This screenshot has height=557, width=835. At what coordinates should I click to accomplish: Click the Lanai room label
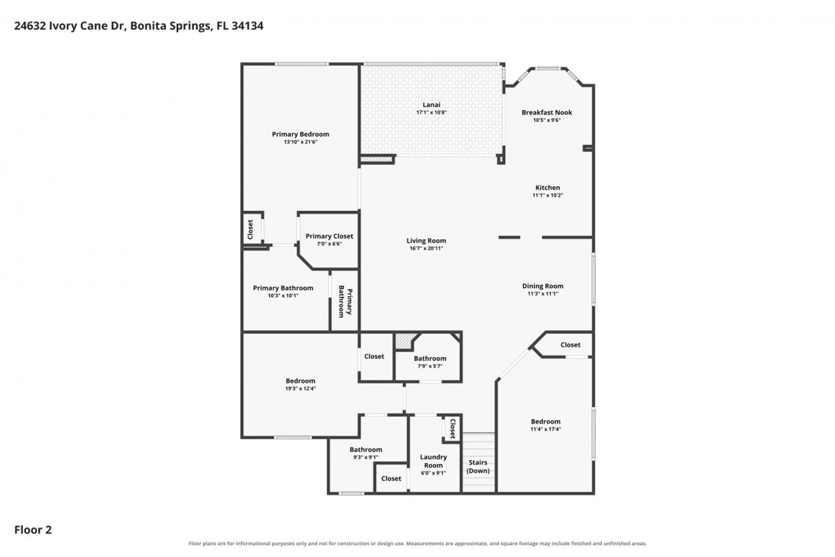click(x=431, y=105)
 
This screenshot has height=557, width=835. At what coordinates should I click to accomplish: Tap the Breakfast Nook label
click(x=547, y=112)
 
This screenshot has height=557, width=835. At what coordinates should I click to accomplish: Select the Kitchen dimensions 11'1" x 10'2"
click(x=547, y=195)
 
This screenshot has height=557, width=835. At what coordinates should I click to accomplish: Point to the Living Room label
click(x=426, y=241)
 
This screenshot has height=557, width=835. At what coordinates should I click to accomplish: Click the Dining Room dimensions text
click(x=543, y=293)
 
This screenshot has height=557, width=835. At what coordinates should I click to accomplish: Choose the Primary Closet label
click(x=329, y=236)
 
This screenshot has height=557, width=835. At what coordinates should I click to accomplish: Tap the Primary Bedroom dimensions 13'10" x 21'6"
click(x=300, y=142)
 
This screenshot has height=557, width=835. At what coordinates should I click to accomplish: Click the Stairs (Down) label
click(x=478, y=466)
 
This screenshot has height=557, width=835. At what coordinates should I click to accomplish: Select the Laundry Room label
click(x=433, y=461)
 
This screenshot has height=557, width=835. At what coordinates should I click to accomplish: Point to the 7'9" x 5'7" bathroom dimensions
click(x=430, y=366)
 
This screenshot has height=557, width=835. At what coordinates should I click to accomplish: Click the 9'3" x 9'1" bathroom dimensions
click(x=365, y=457)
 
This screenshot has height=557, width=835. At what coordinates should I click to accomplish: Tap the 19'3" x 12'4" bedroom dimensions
click(x=300, y=388)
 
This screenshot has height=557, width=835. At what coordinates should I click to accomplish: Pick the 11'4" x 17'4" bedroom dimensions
click(x=546, y=429)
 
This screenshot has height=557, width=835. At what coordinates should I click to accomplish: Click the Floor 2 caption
click(x=33, y=530)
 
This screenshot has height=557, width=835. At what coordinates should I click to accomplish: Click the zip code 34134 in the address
click(x=247, y=26)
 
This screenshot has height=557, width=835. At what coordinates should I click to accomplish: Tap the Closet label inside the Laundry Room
click(x=453, y=429)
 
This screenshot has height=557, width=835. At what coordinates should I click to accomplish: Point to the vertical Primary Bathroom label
click(x=345, y=301)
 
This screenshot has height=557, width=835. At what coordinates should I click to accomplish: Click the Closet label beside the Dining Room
click(x=571, y=345)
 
